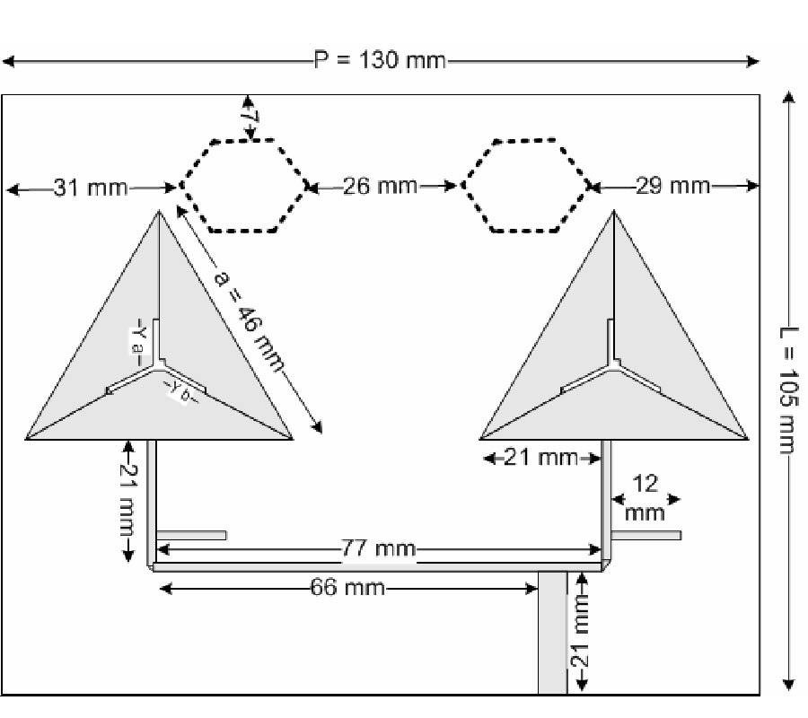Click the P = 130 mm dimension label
click(x=378, y=61)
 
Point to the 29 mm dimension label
click(x=673, y=187)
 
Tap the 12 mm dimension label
click(x=646, y=498)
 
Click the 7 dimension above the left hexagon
click(x=249, y=118)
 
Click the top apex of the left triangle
click(x=160, y=211)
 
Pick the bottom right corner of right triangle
click(x=747, y=440)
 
